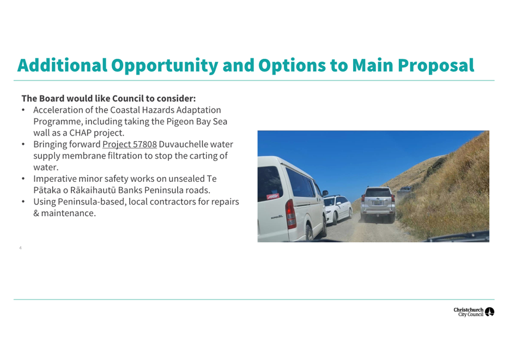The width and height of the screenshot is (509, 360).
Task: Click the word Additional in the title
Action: coord(62,65)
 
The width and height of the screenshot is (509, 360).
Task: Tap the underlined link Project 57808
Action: coord(130,145)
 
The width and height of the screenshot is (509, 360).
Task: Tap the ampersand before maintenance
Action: coord(36,213)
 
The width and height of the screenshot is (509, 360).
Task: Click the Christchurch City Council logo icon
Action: coord(489,312)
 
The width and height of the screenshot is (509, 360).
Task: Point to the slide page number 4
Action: coord(21,248)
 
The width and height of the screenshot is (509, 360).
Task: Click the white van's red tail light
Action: coord(290,214)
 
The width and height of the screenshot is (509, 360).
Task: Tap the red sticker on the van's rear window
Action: coord(272,196)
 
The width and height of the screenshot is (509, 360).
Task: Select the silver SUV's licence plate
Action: coord(377,203)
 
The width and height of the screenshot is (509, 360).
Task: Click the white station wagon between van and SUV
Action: coord(337,209)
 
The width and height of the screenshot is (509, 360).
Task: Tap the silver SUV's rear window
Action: coord(378,192)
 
